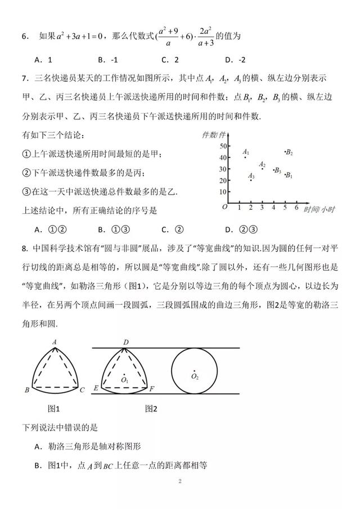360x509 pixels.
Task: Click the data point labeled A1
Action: click(x=245, y=157)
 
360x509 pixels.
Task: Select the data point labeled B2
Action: click(x=285, y=151)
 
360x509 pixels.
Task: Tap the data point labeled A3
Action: click(x=251, y=180)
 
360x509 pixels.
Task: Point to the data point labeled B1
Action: click(x=285, y=174)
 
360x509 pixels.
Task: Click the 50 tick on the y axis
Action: click(x=223, y=146)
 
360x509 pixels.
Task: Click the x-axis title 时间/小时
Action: click(x=319, y=209)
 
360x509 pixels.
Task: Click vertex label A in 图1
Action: click(x=55, y=341)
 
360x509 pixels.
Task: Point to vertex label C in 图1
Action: click(x=82, y=390)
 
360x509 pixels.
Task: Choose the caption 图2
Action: click(x=151, y=408)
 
